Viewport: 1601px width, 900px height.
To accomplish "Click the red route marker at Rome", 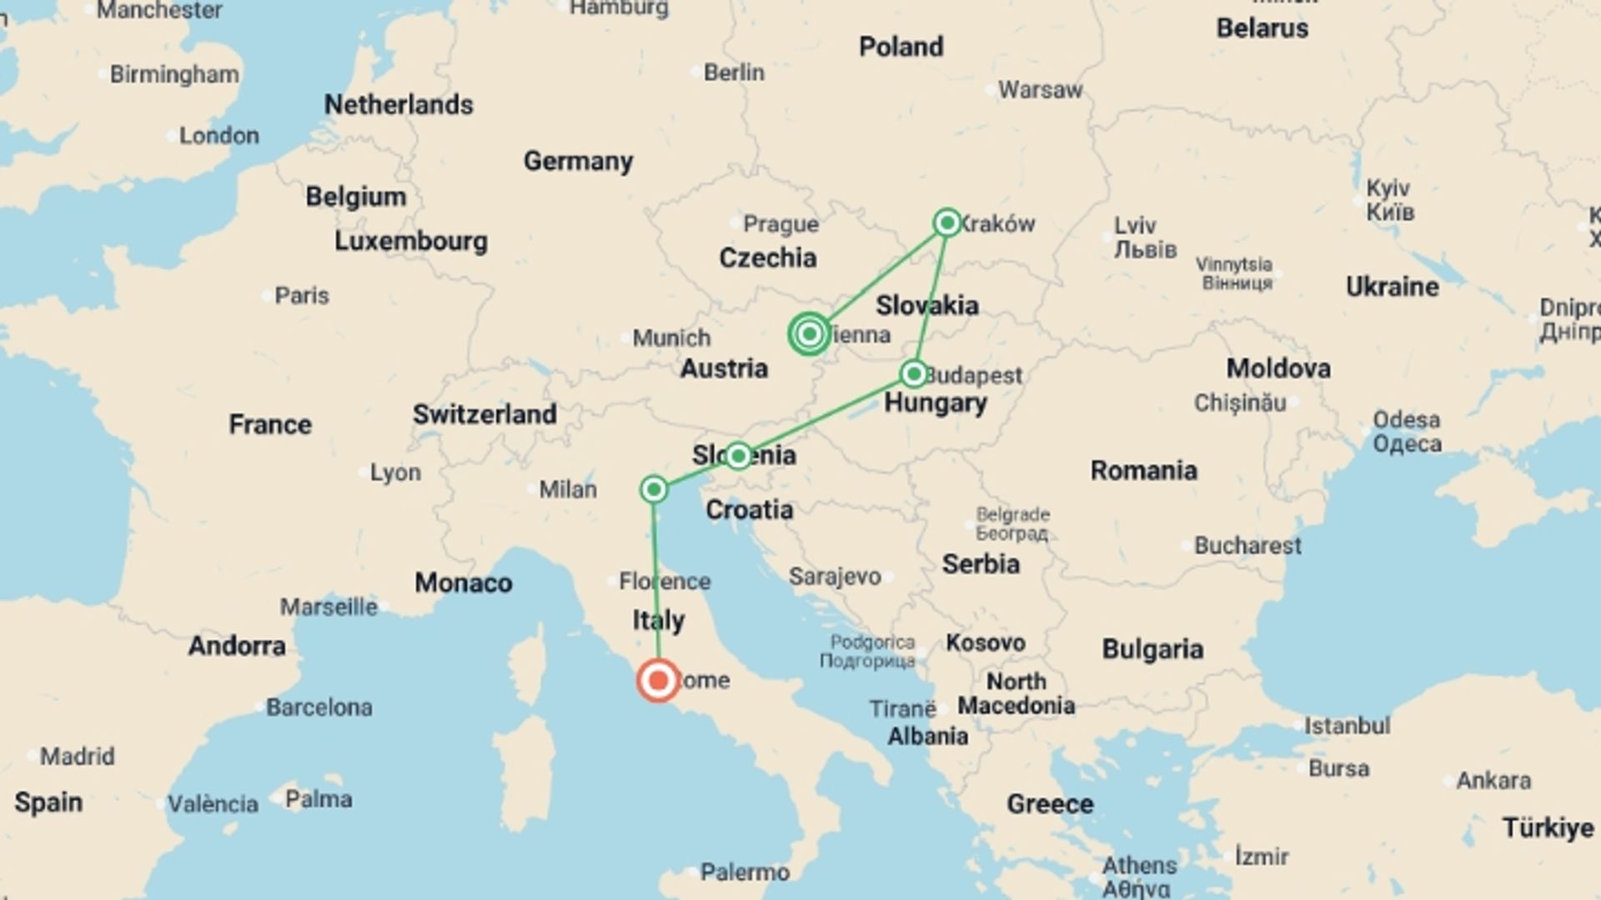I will click(x=658, y=680).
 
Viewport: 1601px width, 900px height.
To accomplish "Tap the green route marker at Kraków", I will click(x=946, y=222).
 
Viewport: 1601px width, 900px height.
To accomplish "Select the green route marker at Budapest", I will click(x=914, y=373).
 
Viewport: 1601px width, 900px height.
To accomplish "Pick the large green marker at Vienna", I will click(x=809, y=334).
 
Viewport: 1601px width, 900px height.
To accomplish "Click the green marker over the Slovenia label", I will click(x=738, y=455).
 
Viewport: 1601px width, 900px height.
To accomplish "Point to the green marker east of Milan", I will click(x=655, y=488).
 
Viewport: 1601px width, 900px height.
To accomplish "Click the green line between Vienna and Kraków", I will click(x=878, y=278).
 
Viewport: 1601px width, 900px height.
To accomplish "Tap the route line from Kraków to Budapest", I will click(x=931, y=297).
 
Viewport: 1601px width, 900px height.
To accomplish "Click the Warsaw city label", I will click(x=1040, y=90).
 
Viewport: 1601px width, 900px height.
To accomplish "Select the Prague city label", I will click(x=780, y=224).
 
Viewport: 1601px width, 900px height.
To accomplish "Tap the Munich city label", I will click(x=671, y=337).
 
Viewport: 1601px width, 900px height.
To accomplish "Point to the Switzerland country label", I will click(x=484, y=414).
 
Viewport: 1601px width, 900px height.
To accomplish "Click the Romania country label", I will click(x=1143, y=471).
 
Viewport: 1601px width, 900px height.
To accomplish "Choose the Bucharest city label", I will click(x=1247, y=546).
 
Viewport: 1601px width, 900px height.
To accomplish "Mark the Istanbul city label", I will click(x=1347, y=726).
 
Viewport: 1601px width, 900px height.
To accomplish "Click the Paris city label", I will click(x=302, y=296).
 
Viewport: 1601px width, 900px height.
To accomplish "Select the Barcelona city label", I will click(x=319, y=707).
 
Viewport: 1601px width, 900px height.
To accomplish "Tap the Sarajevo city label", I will click(x=835, y=577).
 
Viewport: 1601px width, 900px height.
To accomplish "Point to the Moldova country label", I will click(x=1278, y=368).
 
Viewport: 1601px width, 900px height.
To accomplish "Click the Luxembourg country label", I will click(x=411, y=242).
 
